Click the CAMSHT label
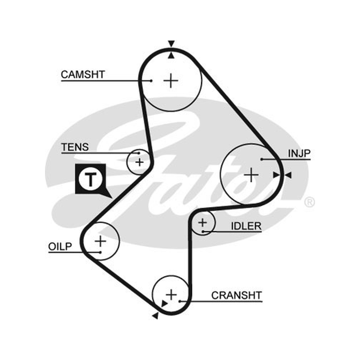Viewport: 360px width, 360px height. tap(83, 75)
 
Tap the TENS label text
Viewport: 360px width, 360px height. tap(75, 147)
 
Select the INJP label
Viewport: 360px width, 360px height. tap(299, 153)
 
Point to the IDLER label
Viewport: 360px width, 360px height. tap(246, 226)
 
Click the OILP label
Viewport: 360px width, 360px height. tap(60, 247)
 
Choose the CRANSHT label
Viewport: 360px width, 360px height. tap(237, 296)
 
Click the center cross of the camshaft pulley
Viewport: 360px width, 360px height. tap(171, 81)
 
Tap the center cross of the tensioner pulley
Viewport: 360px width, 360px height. tap(139, 162)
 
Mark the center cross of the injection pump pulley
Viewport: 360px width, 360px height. tap(251, 175)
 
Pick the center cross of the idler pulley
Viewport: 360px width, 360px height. tap(202, 222)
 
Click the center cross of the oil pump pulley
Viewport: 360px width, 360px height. tap(100, 241)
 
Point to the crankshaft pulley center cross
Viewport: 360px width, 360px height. tap(171, 295)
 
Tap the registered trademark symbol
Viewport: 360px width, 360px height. tap(309, 202)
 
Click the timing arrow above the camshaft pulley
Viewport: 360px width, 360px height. tap(171, 44)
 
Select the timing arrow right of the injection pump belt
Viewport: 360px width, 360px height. tap(288, 175)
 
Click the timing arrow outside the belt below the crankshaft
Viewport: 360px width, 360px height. tap(155, 316)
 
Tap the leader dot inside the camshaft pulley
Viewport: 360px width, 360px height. tap(151, 81)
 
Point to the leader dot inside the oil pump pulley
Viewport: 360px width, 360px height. tap(100, 252)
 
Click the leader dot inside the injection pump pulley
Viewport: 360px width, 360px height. tap(262, 159)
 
